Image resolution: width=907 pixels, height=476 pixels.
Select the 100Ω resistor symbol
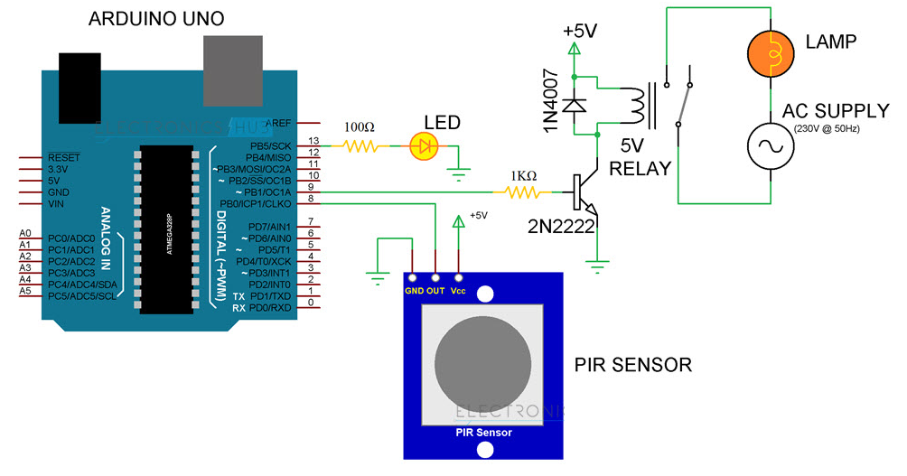(361, 145)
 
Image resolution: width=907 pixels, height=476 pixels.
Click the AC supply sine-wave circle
(770, 145)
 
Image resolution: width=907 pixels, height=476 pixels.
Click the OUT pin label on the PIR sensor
(436, 290)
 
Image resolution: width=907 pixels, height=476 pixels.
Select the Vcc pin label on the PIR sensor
(460, 290)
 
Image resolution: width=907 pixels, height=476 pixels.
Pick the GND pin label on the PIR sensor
(414, 290)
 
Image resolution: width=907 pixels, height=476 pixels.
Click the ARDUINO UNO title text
(155, 19)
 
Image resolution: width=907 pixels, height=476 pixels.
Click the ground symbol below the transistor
(595, 265)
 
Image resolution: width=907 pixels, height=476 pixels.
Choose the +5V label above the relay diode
(579, 31)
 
